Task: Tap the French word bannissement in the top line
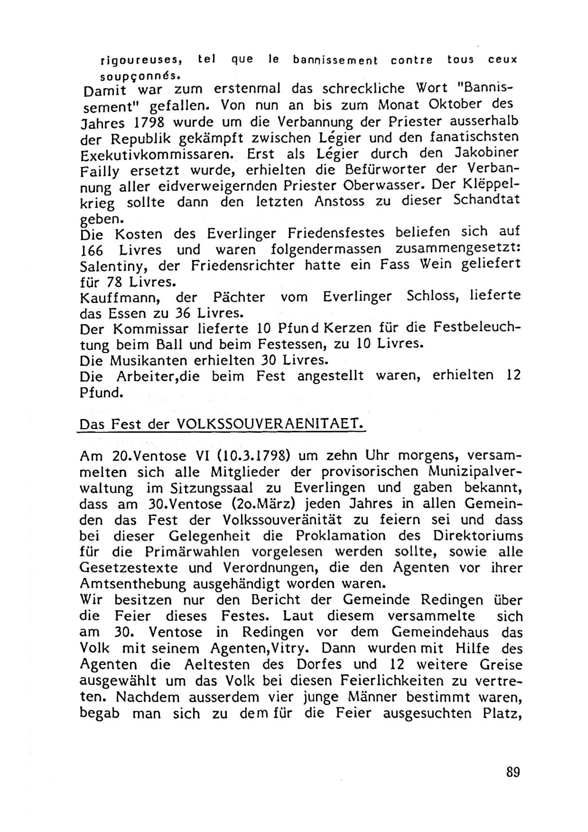tap(335, 60)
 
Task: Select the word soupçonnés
tap(140, 76)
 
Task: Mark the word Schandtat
tap(486, 200)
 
